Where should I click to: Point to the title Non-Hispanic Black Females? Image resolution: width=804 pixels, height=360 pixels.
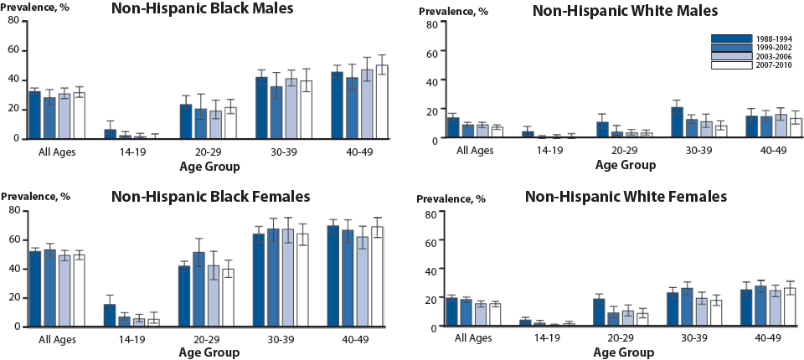coord(210,196)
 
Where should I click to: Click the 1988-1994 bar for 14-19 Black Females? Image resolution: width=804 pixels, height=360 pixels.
coord(110,315)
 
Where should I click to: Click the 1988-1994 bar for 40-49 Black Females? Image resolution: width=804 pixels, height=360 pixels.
coord(333,275)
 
